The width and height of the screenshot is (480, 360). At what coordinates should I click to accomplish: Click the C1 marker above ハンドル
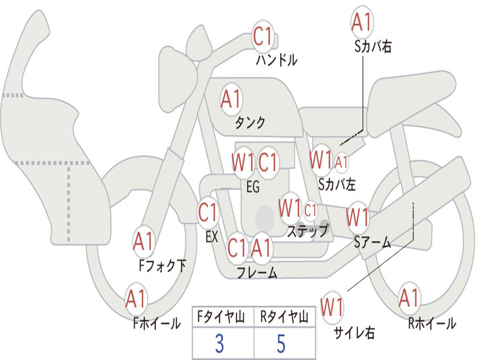(263, 36)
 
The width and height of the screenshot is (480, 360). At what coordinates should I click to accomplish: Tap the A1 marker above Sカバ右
(362, 22)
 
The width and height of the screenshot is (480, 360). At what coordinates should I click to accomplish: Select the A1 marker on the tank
(232, 99)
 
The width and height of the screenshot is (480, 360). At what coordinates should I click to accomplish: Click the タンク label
(250, 123)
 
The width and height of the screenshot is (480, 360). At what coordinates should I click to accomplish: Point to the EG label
(253, 187)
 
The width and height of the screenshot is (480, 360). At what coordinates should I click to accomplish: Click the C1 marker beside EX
(208, 212)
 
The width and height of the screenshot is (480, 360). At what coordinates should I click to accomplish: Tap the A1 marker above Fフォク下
(143, 241)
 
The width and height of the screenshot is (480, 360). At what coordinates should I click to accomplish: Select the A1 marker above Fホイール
(136, 299)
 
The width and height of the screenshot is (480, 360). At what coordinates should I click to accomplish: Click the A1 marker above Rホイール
(409, 298)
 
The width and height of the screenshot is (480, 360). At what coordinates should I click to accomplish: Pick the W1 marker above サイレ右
(332, 307)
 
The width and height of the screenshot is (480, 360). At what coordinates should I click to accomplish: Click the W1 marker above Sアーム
(358, 217)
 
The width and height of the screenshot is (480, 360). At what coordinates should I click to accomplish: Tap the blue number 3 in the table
(219, 344)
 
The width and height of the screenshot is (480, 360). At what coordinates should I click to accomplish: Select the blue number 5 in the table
(281, 344)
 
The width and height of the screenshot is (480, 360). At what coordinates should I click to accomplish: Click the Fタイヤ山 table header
(221, 317)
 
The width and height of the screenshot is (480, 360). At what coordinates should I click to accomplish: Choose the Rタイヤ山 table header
(284, 317)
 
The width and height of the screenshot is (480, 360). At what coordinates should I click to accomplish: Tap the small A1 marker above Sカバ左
(341, 162)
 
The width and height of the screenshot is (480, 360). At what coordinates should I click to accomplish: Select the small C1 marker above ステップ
(310, 210)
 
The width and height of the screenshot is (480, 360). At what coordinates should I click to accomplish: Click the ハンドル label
(277, 60)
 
